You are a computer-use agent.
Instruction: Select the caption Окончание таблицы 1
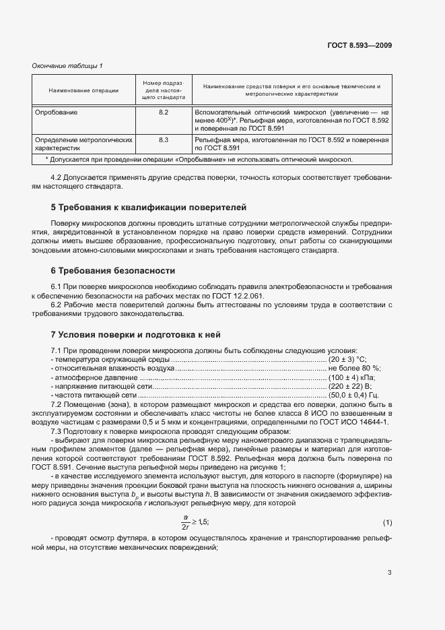click(67, 65)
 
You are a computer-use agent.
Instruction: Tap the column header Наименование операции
click(83, 90)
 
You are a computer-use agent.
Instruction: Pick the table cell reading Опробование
click(56, 112)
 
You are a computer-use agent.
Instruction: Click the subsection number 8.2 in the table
click(163, 112)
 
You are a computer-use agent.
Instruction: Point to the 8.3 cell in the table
click(163, 139)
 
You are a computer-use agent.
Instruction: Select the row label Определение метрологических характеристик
click(78, 144)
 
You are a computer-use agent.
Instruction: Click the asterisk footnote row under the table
click(199, 159)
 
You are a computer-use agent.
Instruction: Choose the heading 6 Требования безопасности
click(113, 271)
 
